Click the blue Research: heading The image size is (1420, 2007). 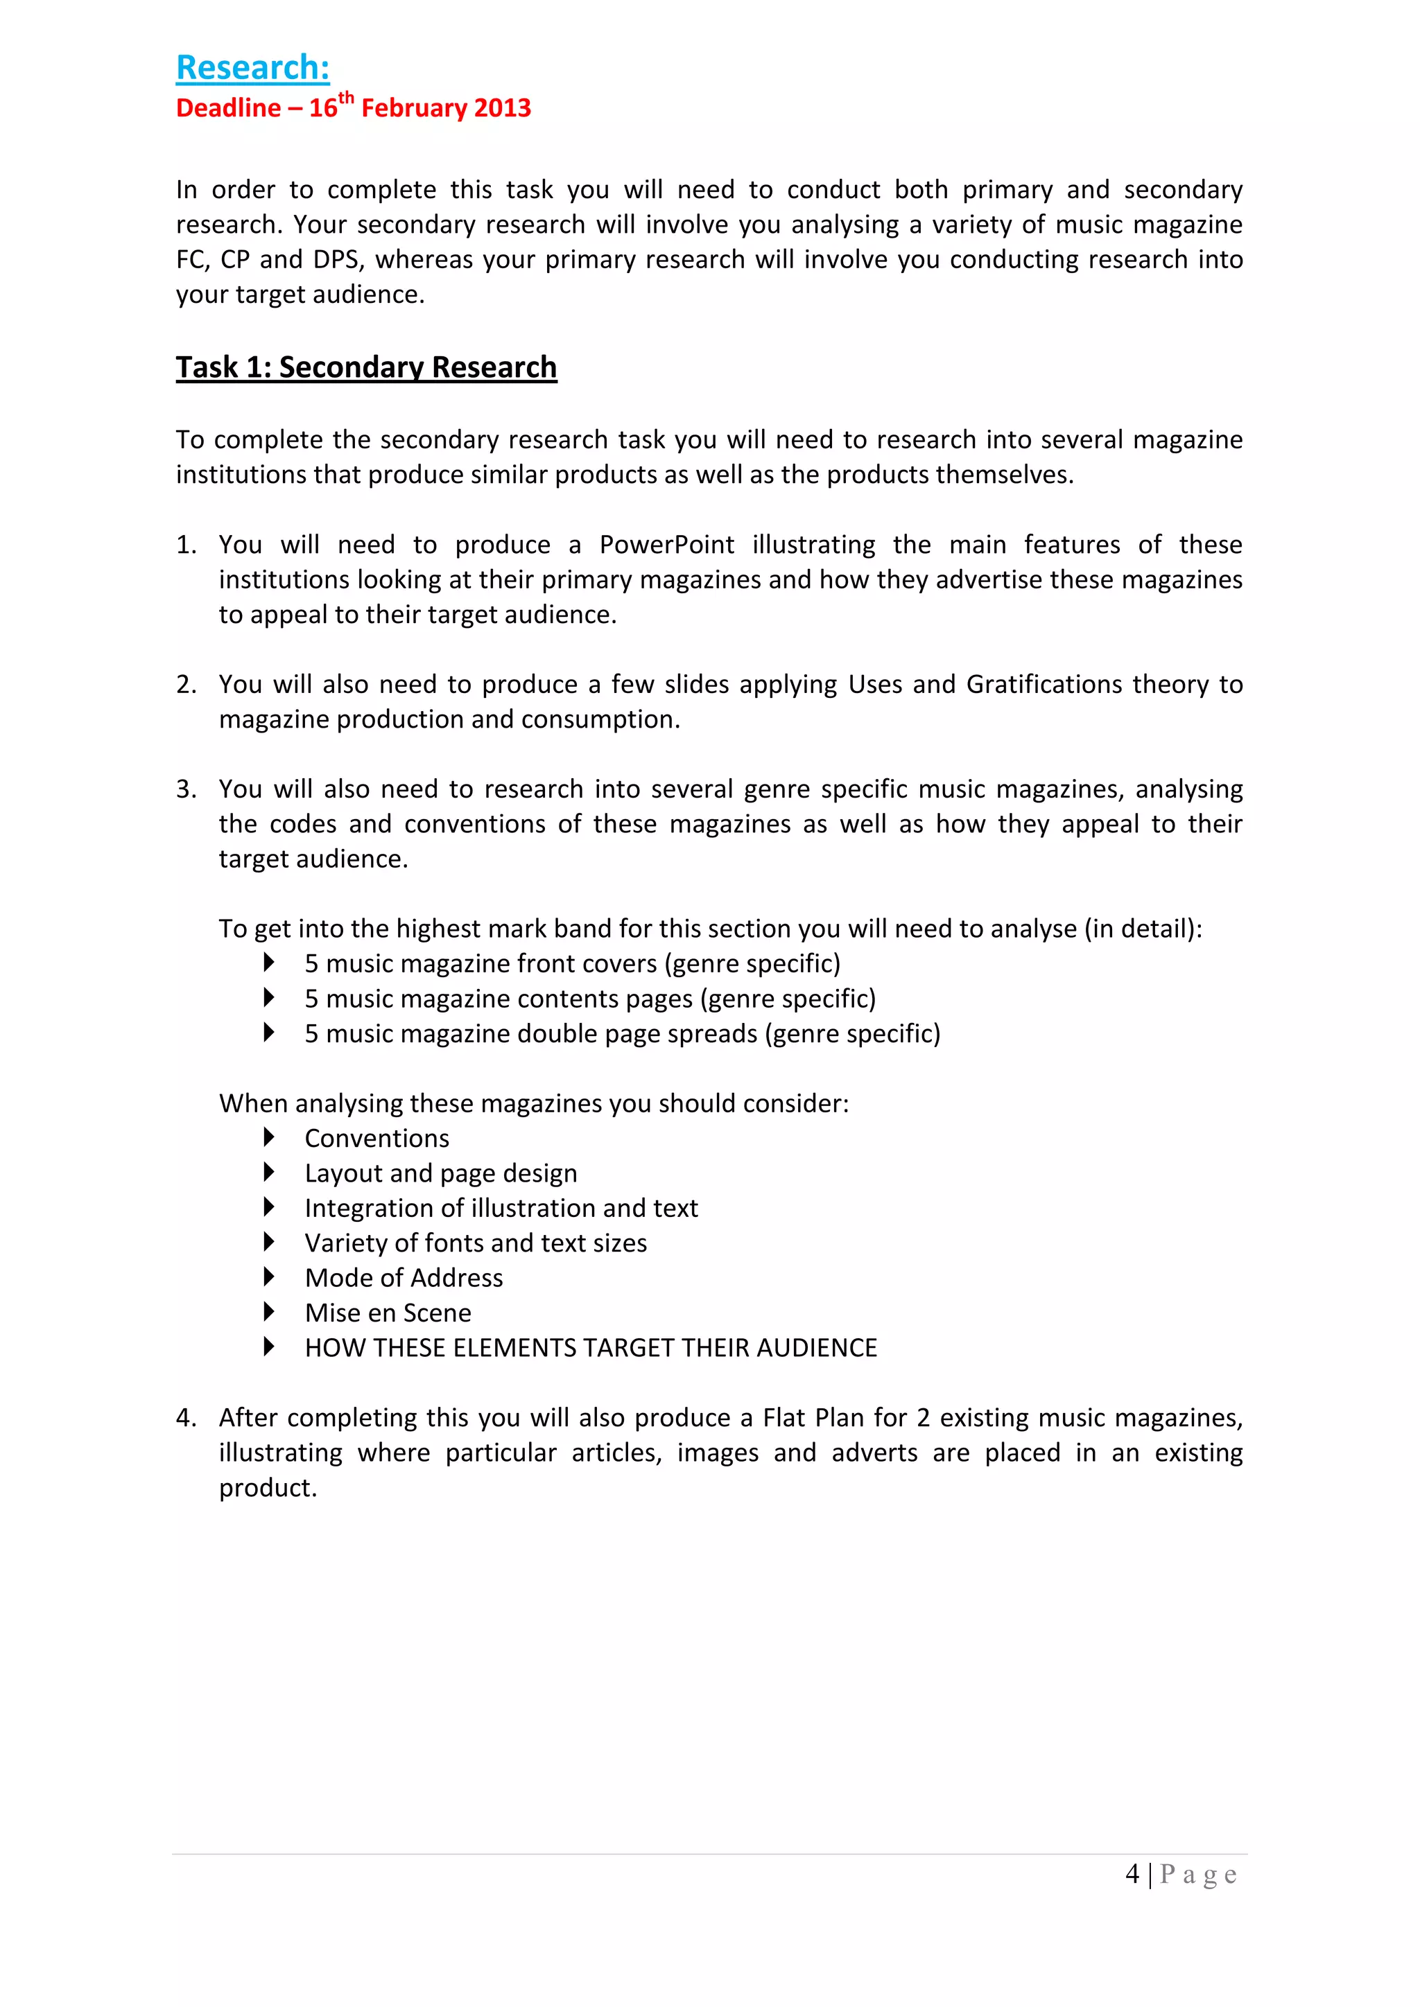point(252,68)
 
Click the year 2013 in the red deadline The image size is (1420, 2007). point(503,108)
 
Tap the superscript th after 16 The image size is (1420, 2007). point(346,98)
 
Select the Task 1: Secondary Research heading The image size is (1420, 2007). point(365,367)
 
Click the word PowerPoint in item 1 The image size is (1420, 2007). point(666,545)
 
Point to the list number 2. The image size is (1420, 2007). point(185,685)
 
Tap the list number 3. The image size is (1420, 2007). point(185,789)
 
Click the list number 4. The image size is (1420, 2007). point(185,1418)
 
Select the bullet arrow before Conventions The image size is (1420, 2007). point(269,1137)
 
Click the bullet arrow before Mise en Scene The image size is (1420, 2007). point(269,1312)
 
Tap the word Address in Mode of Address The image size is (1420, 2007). point(461,1278)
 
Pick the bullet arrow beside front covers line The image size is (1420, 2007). point(269,963)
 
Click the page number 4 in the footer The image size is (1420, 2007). point(1132,1874)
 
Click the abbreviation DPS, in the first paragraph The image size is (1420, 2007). point(336,260)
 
